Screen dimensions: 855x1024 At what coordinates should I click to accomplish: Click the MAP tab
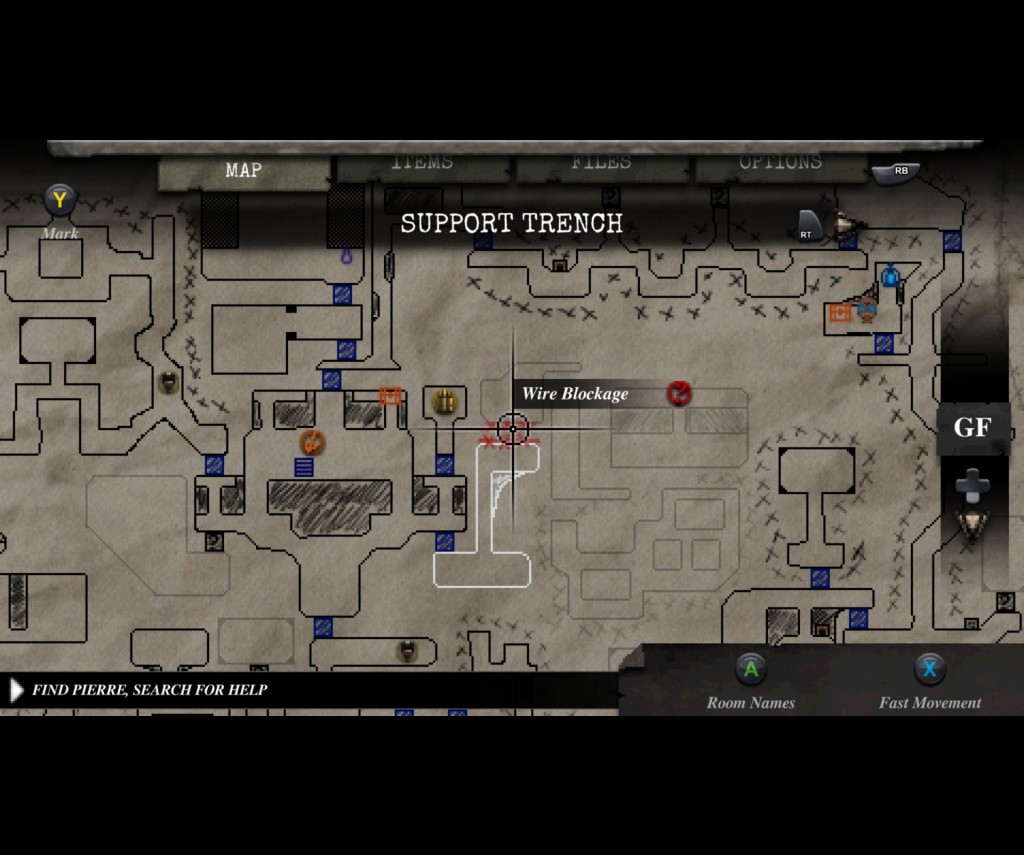click(x=243, y=171)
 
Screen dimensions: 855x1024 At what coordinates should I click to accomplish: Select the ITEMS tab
click(x=422, y=163)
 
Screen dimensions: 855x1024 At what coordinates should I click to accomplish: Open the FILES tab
click(x=601, y=163)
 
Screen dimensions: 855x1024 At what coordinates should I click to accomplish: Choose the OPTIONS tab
click(x=780, y=163)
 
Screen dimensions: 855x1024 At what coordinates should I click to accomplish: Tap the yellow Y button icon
click(x=60, y=200)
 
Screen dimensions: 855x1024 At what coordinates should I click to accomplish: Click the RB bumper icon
click(x=898, y=172)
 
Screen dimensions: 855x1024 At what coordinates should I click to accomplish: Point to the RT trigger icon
click(x=808, y=226)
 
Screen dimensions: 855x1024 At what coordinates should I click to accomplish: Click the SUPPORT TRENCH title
click(x=511, y=223)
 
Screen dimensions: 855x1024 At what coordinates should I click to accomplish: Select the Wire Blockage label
click(x=575, y=394)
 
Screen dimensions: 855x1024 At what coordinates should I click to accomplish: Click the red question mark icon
click(x=679, y=393)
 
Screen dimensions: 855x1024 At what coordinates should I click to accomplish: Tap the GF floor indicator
click(x=971, y=428)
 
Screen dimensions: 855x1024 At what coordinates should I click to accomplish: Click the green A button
click(x=751, y=669)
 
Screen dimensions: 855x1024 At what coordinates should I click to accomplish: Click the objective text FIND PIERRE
click(x=149, y=689)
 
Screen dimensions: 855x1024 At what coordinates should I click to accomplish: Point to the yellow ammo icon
click(x=445, y=402)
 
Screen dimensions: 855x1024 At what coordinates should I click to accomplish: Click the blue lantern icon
click(x=890, y=275)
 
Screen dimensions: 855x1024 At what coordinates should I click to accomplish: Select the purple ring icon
click(x=347, y=257)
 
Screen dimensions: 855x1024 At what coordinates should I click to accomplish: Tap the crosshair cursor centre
click(x=513, y=429)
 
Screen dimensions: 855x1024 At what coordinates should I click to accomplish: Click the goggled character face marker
click(x=866, y=309)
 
